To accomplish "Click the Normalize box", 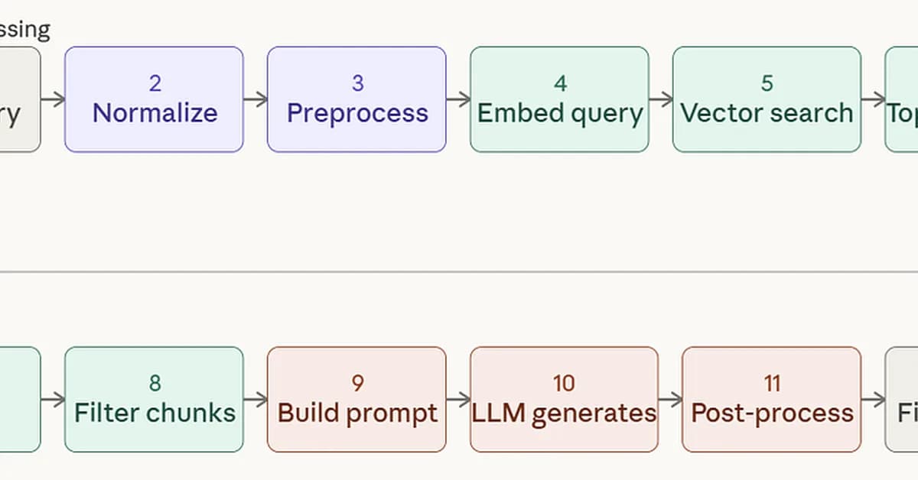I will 154,99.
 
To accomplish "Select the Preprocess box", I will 356,99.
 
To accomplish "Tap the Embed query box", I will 559,99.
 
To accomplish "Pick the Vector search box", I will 767,99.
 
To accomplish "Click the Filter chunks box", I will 154,400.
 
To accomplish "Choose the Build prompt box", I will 356,400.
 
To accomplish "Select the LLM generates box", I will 564,400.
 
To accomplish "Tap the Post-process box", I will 771,400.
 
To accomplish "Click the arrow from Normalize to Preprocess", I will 256,99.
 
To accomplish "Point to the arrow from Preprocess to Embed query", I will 458,99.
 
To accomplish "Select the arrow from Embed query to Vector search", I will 661,99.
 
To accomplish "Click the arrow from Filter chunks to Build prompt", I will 256,400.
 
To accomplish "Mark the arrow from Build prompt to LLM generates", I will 458,400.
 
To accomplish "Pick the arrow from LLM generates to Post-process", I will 670,400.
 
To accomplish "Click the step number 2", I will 155,83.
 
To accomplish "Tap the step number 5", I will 767,83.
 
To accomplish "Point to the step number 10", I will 564,383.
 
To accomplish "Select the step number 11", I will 772,383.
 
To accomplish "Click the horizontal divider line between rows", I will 459,271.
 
